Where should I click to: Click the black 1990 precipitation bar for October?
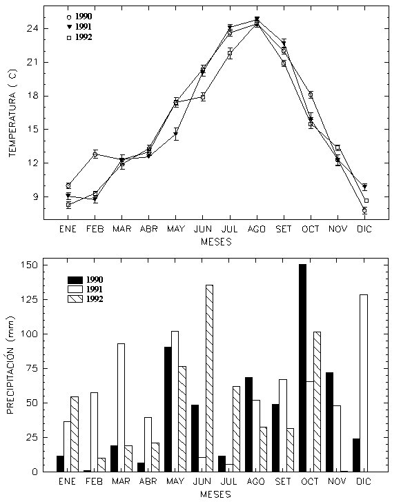tap(302, 368)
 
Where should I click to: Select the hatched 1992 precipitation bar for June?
tap(209, 379)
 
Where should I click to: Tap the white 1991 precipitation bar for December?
tap(364, 383)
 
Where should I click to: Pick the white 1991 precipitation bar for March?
tap(121, 407)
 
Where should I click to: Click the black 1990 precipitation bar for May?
tap(168, 410)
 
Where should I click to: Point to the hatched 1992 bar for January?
tap(75, 434)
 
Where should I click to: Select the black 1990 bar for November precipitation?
tap(329, 422)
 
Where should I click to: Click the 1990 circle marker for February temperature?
tap(95, 154)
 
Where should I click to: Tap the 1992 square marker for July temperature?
tap(230, 53)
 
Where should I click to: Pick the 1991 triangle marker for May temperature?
tap(176, 134)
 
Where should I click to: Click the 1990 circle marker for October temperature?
tap(311, 94)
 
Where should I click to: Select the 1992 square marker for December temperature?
tap(366, 201)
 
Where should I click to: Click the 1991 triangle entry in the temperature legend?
tap(69, 27)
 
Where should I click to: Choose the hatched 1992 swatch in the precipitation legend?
tap(75, 299)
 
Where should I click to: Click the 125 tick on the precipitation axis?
tap(30, 299)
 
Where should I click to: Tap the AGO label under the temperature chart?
tap(257, 229)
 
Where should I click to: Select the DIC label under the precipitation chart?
tap(364, 481)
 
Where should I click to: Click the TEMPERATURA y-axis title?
tap(12, 113)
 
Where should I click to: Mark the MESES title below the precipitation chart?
tap(215, 494)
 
